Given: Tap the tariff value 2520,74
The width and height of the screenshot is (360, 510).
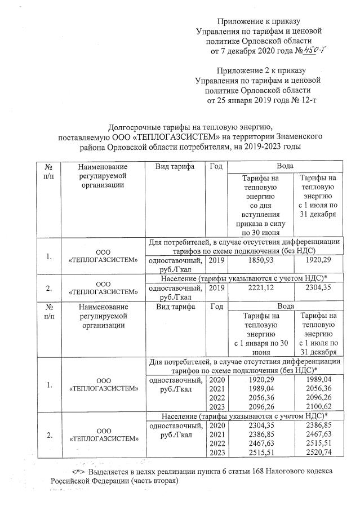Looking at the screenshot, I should (x=319, y=452).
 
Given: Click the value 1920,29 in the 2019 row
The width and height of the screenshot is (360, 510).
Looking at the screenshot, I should (x=319, y=261).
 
